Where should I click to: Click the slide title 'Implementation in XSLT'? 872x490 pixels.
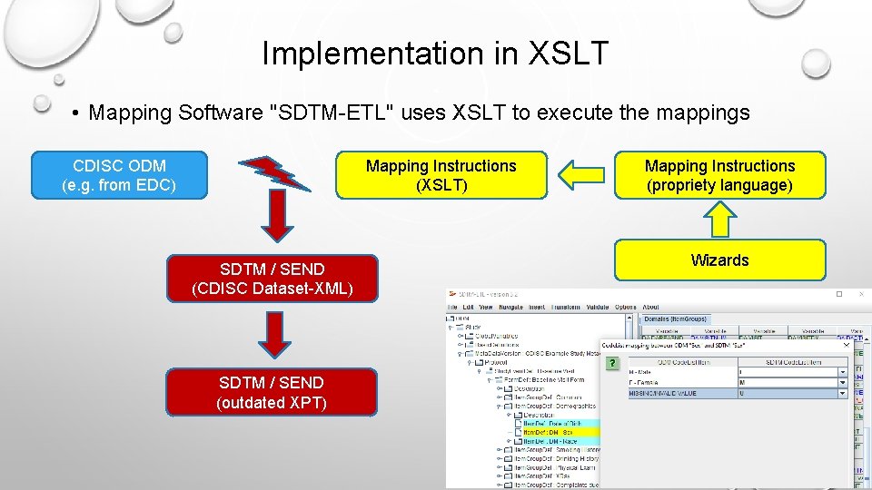point(435,54)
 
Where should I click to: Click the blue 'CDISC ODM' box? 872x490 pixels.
point(119,175)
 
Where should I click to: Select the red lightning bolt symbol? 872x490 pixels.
point(273,172)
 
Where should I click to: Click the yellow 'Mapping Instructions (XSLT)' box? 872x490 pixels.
point(441,175)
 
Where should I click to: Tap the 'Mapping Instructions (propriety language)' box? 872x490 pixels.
point(719,175)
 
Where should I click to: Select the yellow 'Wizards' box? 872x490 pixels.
point(719,260)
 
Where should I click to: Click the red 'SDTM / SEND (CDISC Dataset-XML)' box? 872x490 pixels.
point(272,279)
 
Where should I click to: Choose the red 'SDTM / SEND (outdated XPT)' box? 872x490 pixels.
point(272,392)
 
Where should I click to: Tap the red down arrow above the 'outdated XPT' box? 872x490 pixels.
point(273,335)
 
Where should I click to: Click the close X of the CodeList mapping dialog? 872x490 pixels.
point(847,345)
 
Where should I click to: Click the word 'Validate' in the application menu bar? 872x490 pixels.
point(595,308)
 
